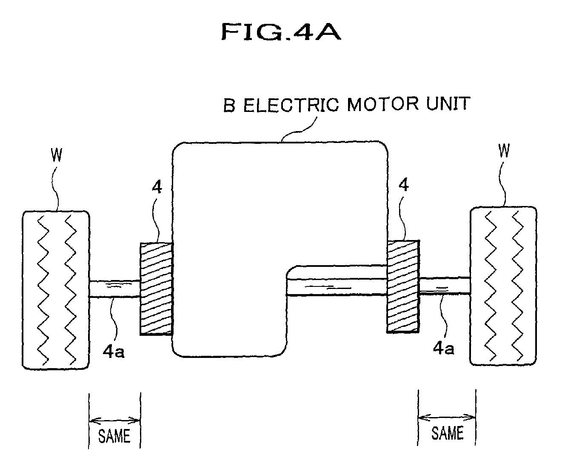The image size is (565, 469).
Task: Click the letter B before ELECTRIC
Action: tap(230, 106)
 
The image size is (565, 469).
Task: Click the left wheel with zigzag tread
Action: tap(56, 289)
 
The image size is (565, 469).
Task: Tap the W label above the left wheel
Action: tap(57, 156)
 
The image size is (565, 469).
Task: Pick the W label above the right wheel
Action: tap(504, 151)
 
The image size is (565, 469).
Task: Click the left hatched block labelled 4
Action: tap(156, 289)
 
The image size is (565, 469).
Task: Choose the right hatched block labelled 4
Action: tap(403, 286)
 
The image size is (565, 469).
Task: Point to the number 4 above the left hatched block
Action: tap(157, 187)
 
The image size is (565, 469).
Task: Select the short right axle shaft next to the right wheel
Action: tap(445, 285)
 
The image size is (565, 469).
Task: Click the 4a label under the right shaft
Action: tap(444, 348)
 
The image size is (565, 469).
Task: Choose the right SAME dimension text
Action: tap(447, 433)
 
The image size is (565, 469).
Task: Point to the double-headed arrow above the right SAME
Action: tap(447, 417)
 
